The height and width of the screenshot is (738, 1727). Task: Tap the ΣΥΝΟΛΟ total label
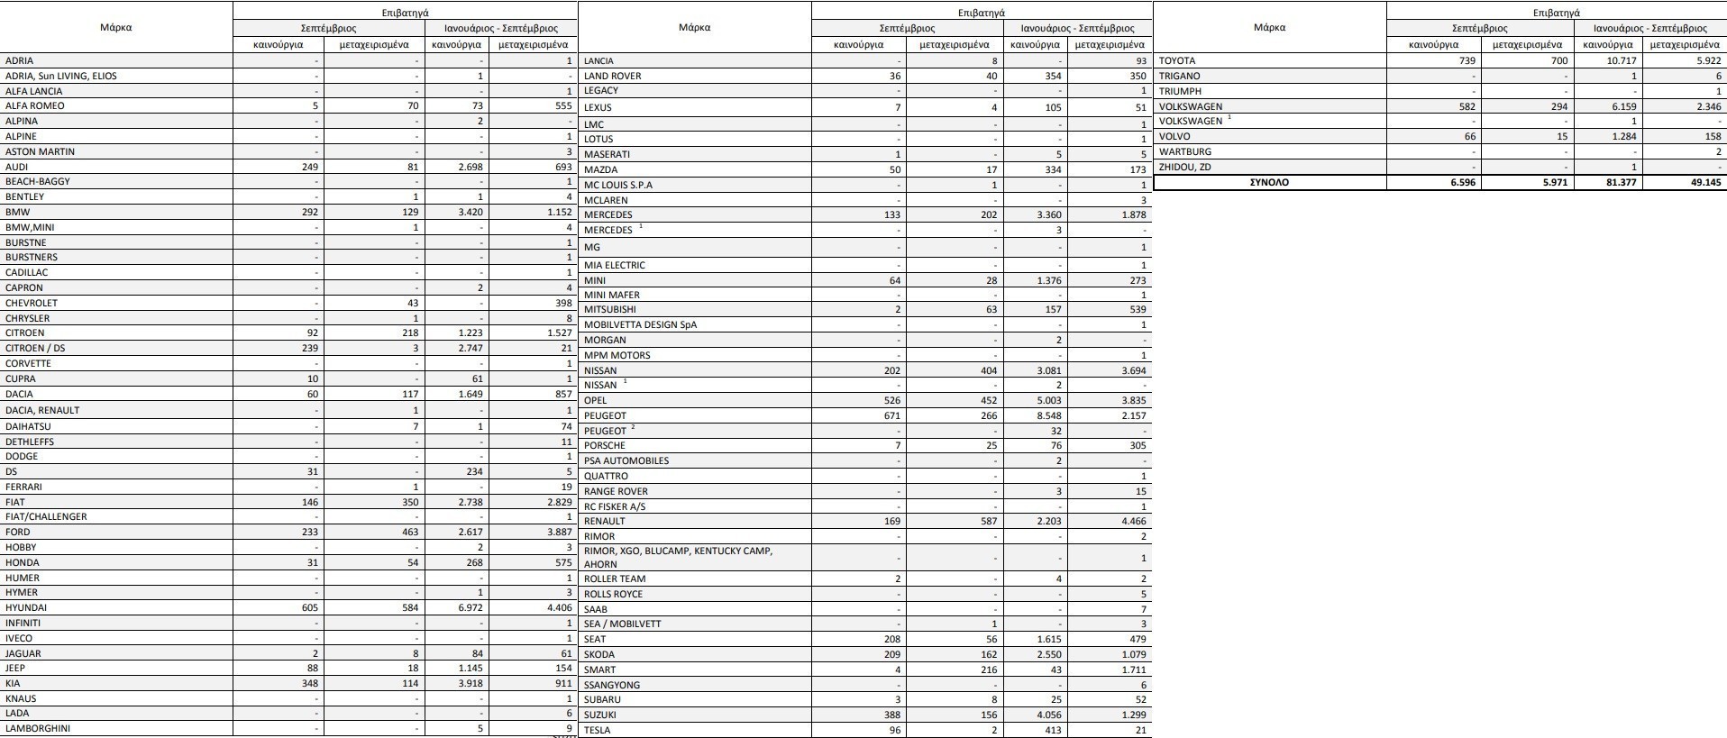(x=1268, y=182)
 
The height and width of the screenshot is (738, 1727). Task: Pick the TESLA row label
(x=597, y=730)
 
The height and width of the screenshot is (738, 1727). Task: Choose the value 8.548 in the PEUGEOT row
(x=1044, y=415)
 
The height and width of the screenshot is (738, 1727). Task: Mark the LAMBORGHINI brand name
(x=38, y=729)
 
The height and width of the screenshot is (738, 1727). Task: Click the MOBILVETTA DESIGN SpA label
(x=640, y=325)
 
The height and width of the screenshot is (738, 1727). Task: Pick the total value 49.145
(x=1701, y=182)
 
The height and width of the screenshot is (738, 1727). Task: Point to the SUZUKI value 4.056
(x=1044, y=715)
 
